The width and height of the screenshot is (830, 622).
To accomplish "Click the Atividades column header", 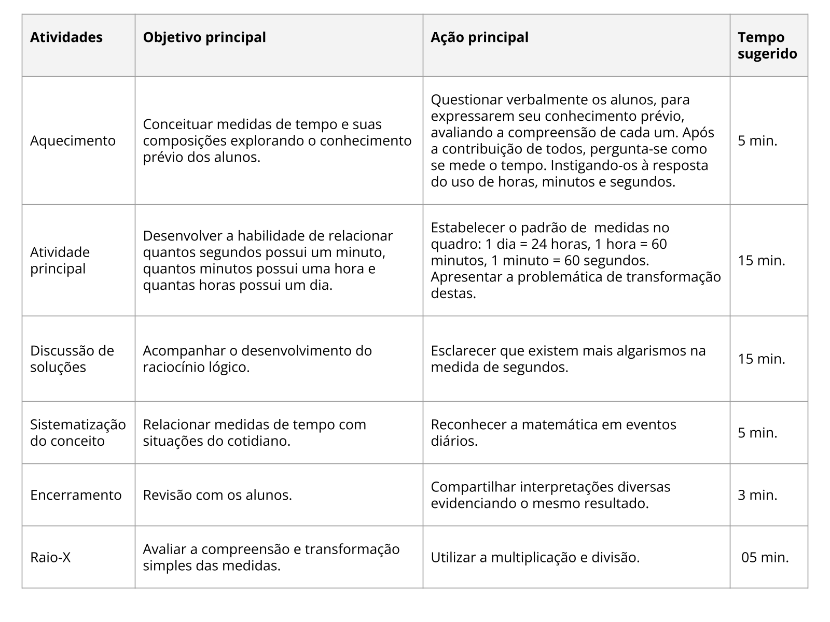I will (x=66, y=37).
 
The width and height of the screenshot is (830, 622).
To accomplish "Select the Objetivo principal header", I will (x=204, y=37).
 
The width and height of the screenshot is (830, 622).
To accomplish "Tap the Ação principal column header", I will (x=479, y=37).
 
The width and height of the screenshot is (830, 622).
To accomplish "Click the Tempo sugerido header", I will (x=767, y=46).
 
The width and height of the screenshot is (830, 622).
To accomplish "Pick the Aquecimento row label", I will (x=73, y=140).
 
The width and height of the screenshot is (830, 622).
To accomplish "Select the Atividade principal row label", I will (x=60, y=260).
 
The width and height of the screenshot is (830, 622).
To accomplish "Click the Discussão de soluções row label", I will (x=72, y=359).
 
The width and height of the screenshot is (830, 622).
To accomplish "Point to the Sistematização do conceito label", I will (x=78, y=432).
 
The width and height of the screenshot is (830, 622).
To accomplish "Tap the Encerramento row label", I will (x=76, y=495).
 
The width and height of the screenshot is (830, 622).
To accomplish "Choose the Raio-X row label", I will (x=50, y=557).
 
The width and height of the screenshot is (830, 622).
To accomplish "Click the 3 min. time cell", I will (x=757, y=495).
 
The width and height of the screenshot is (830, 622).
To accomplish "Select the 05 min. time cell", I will (x=765, y=557).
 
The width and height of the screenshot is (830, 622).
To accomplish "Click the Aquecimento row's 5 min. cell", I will (x=757, y=140).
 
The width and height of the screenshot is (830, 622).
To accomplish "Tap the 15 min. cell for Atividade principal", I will (x=762, y=260).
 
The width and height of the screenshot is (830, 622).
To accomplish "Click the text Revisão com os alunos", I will (x=217, y=495).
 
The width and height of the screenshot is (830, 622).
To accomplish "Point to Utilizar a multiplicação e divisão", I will (x=535, y=557).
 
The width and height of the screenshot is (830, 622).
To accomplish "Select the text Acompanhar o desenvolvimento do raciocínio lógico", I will (x=257, y=359).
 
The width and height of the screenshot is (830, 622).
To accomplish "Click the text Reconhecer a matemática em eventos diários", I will (x=553, y=432).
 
